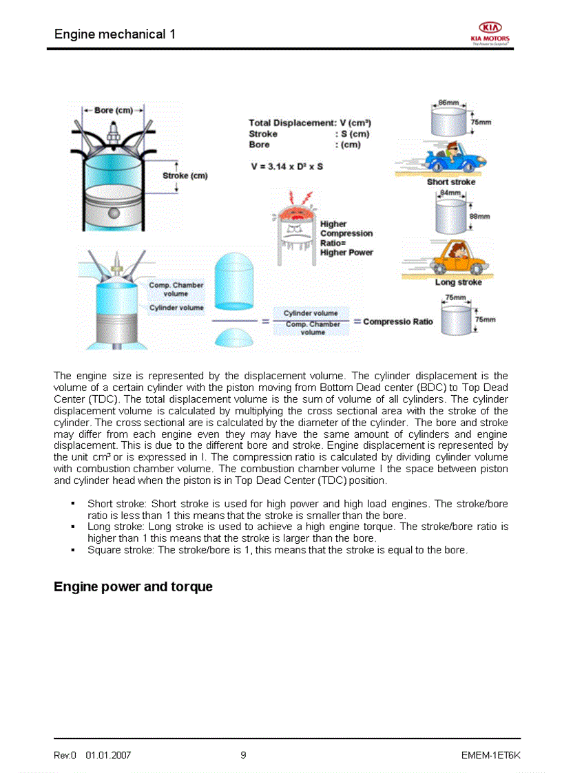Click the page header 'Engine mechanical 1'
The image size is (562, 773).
click(x=114, y=34)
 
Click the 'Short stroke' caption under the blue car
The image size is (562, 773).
click(x=450, y=182)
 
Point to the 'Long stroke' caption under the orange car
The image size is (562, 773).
click(x=458, y=282)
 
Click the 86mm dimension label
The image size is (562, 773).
click(x=448, y=103)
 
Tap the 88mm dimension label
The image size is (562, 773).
click(x=479, y=216)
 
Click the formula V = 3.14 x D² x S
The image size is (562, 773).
click(x=287, y=167)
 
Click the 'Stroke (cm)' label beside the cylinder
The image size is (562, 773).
click(x=185, y=176)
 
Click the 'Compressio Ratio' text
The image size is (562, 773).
click(x=398, y=321)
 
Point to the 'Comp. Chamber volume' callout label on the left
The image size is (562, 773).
click(x=176, y=289)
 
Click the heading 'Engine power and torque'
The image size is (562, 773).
click(x=133, y=587)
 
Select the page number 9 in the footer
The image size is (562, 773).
click(x=243, y=755)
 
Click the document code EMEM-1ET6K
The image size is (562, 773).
click(x=490, y=755)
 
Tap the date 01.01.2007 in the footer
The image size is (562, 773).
click(x=108, y=755)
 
